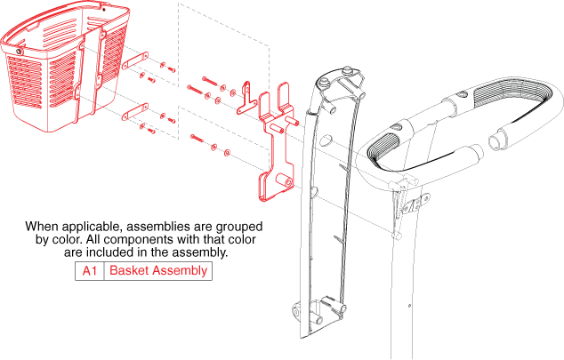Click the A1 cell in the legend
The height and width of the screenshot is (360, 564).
[x=90, y=270]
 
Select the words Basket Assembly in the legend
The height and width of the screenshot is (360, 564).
[x=158, y=270]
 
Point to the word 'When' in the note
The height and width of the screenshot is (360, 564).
[x=42, y=226]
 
